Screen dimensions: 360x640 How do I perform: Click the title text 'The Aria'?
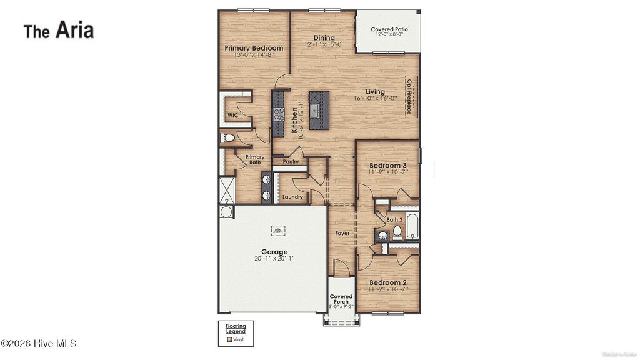coord(59,29)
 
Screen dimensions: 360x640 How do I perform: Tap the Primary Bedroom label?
coord(254,48)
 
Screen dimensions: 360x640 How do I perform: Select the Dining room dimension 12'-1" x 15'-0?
coord(324,45)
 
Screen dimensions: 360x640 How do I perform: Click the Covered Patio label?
coord(389,29)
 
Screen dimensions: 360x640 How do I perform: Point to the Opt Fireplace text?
coord(409,97)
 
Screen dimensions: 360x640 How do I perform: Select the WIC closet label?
coord(232,116)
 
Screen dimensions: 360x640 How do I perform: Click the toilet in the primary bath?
coord(228,137)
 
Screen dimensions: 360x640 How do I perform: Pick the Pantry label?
coord(291,161)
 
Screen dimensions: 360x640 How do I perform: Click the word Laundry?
coord(292,197)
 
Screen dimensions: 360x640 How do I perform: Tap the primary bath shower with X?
coord(226,190)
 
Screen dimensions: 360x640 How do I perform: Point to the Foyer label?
coord(342,233)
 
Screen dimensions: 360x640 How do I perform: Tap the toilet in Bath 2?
coord(397,233)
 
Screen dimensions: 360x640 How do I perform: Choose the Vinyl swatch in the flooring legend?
coord(230,339)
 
